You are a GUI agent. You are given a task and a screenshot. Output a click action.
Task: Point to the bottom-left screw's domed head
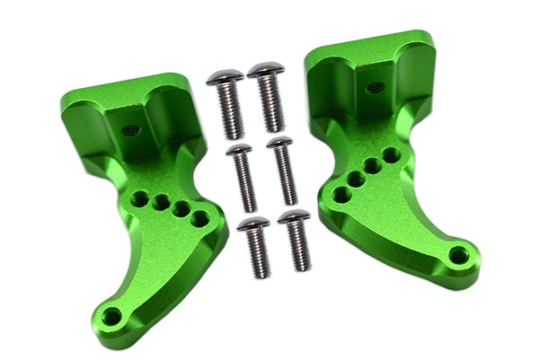(253, 224)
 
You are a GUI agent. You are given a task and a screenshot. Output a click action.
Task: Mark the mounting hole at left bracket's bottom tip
(111, 316)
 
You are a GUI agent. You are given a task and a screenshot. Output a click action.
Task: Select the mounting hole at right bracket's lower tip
(458, 255)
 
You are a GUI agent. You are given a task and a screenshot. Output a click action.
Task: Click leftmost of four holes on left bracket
(141, 198)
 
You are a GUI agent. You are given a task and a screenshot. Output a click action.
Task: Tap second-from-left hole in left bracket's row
(161, 203)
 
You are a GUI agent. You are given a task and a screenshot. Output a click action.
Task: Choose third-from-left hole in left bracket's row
(180, 210)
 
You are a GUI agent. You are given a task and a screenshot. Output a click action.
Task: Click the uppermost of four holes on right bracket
(391, 155)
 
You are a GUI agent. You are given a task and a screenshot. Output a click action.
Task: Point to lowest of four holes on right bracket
(341, 194)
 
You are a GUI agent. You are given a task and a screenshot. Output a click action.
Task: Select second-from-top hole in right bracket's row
(373, 166)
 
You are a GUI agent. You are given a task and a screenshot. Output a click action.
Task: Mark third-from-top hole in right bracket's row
(357, 179)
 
